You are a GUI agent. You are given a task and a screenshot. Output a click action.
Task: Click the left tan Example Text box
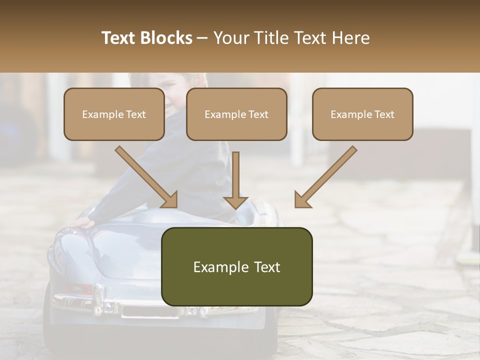point(114,114)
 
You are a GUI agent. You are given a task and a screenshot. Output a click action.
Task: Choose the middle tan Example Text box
point(236,114)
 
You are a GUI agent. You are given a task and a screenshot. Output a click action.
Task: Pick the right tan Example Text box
point(362,114)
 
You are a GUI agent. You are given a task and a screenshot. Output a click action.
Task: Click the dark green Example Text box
point(236,266)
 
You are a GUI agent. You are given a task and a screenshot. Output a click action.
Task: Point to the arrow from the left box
point(147,177)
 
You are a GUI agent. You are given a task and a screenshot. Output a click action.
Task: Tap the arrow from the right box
point(325,177)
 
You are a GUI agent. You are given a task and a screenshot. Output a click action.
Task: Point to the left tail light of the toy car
point(79,288)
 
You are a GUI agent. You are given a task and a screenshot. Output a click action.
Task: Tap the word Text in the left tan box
point(136,114)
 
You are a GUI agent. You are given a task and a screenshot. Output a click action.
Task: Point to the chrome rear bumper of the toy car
point(110,302)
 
